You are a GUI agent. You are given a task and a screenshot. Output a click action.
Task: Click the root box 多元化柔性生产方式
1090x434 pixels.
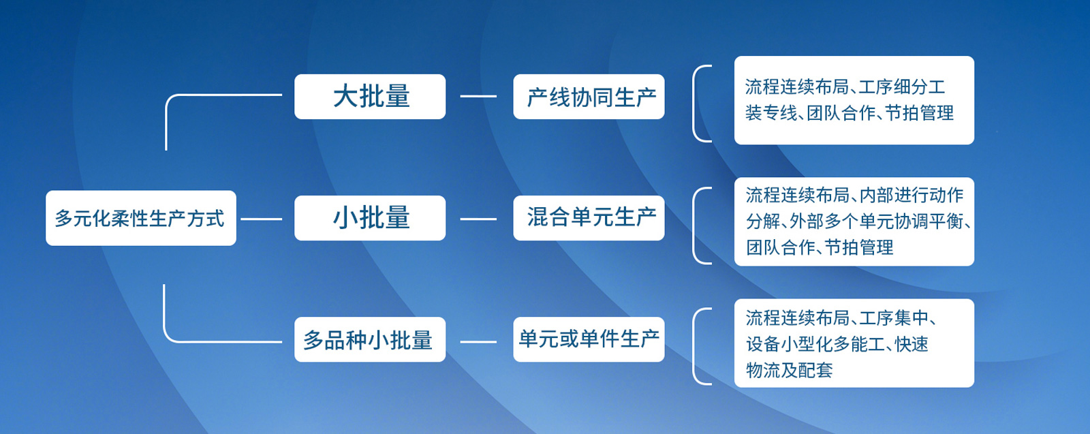[x=141, y=218]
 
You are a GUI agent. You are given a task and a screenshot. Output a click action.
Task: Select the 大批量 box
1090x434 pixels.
[x=370, y=96]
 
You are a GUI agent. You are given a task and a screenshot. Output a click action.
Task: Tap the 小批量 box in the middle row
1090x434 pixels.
[x=370, y=218]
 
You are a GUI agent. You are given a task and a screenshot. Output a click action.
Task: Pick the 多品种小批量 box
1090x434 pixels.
[x=370, y=339]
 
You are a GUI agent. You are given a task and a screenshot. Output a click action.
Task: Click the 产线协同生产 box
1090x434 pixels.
[x=589, y=96]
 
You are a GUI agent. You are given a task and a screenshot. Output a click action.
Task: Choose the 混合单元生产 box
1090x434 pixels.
[x=589, y=218]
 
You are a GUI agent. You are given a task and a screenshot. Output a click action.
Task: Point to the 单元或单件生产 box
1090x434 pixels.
[x=589, y=339]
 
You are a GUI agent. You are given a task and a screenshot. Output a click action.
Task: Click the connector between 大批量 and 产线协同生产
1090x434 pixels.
[x=478, y=96]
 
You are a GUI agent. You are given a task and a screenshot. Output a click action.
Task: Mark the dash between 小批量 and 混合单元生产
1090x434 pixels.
[x=478, y=219]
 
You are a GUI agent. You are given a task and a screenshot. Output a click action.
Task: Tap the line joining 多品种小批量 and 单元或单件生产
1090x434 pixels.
[x=478, y=342]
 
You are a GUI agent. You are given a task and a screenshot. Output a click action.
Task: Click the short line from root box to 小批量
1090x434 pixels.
[x=262, y=219]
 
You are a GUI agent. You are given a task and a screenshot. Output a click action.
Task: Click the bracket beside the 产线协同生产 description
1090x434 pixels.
[x=694, y=103]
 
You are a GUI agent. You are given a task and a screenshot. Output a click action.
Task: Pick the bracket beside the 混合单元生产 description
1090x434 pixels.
[x=694, y=226]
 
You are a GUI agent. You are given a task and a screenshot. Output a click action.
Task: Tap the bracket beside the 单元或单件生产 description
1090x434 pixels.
[x=694, y=346]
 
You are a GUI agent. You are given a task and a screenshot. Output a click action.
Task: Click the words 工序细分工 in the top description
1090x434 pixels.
[x=902, y=87]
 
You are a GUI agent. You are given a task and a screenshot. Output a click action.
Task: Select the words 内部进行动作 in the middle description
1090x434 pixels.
[x=912, y=195]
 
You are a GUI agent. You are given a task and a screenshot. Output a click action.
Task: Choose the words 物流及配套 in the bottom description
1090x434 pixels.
[x=790, y=370]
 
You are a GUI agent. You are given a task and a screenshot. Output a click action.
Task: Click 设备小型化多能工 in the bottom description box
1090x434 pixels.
[x=815, y=344]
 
